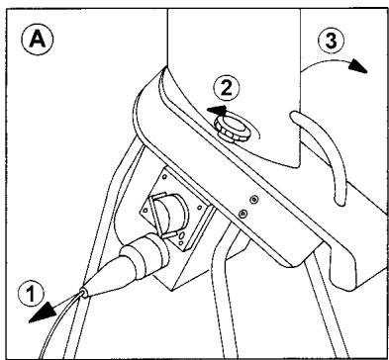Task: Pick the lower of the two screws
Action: tap(243, 213)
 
